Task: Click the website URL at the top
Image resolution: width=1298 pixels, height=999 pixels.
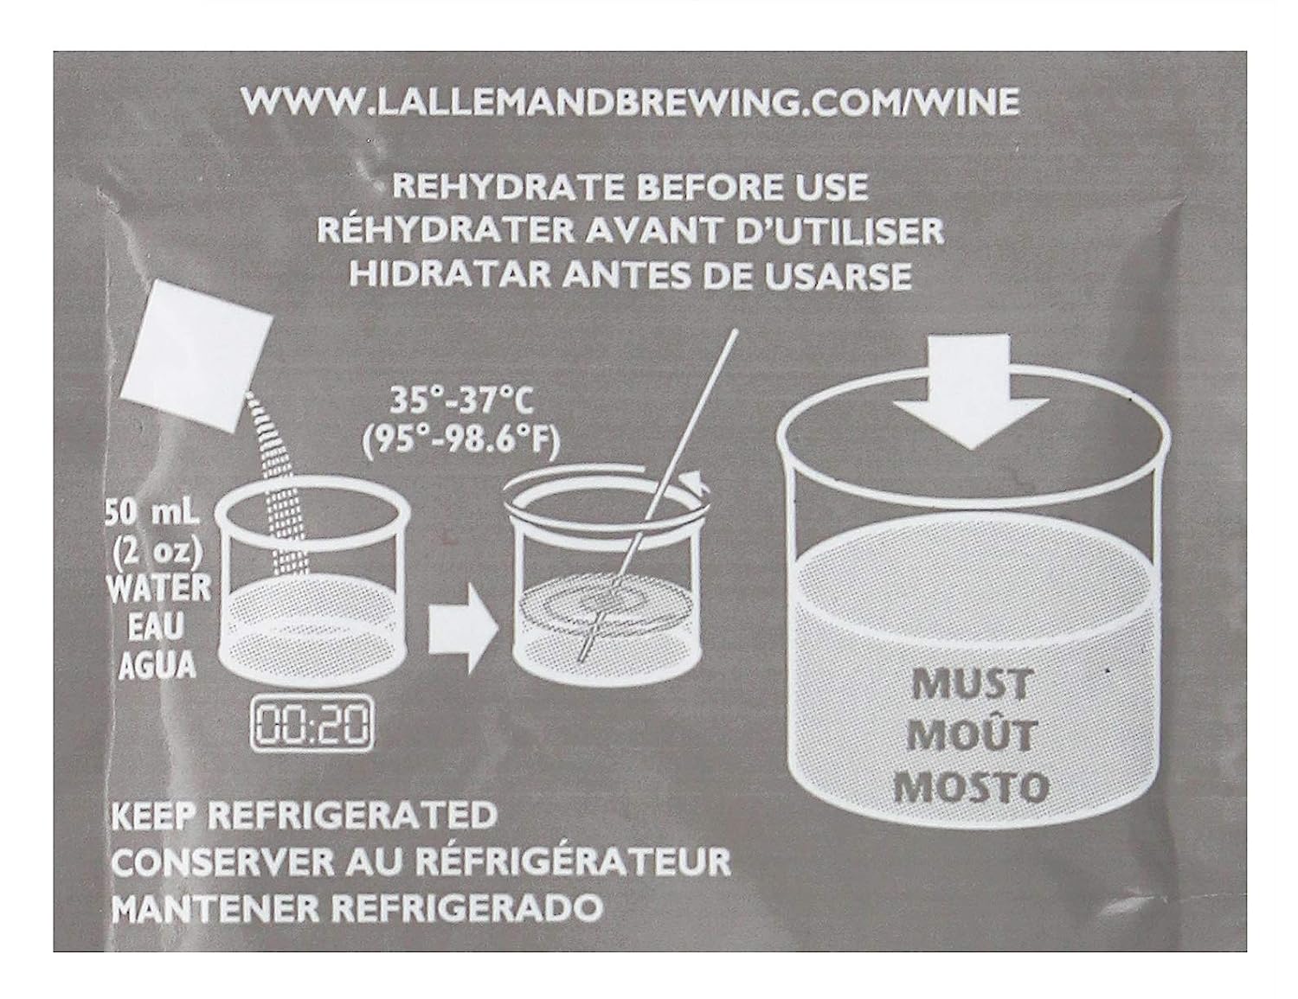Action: coord(630,102)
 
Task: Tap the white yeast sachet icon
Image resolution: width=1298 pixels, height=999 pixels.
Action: coord(196,351)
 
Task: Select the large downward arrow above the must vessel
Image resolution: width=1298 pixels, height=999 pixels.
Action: coord(971,391)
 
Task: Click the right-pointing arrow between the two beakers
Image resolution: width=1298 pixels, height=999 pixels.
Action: coord(464,627)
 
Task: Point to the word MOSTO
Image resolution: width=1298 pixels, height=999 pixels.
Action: coord(971,787)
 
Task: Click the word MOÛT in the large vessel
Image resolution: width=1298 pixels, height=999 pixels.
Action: coord(971,734)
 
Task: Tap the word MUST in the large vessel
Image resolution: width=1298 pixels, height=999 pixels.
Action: coord(971,684)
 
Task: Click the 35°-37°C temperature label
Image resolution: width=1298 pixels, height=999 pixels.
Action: coord(460,400)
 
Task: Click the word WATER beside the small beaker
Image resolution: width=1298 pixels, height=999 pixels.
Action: coord(159,588)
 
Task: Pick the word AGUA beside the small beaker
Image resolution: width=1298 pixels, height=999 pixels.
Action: coord(157,665)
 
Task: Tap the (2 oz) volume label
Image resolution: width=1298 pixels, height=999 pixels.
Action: coord(157,551)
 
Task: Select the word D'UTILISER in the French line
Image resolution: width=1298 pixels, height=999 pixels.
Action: coord(840,232)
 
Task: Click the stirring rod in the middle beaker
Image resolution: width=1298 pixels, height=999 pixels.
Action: coord(657,496)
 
